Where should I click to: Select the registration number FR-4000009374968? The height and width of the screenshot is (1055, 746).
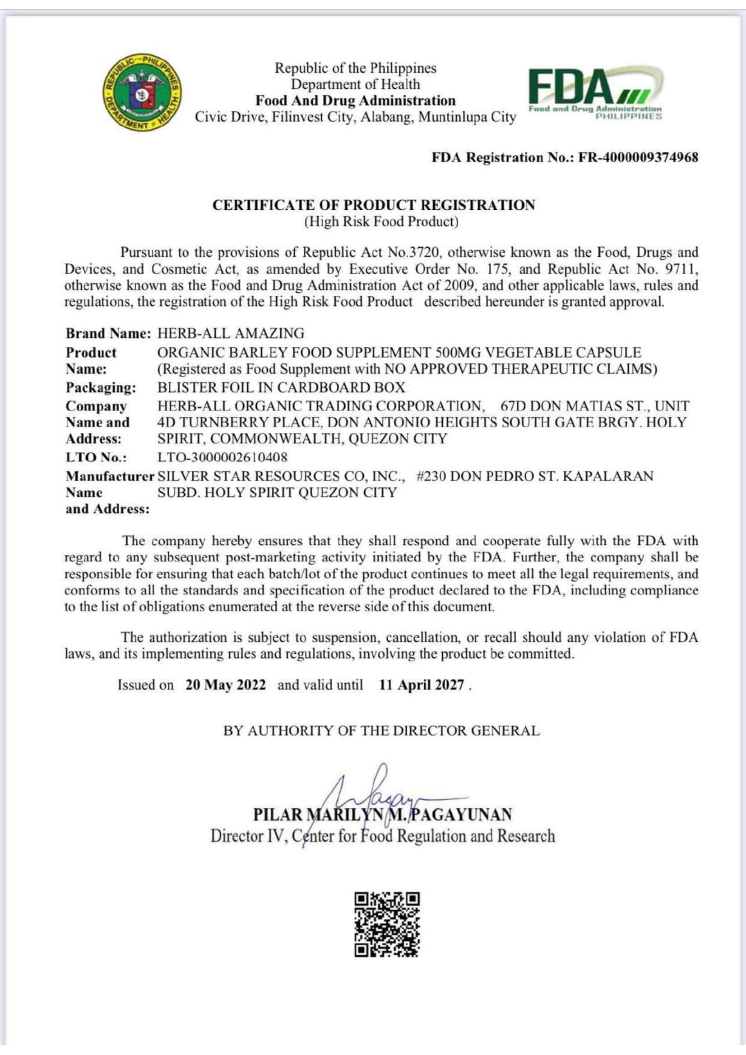[x=638, y=157]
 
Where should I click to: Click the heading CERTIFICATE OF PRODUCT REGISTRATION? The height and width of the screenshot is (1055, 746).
[x=373, y=205]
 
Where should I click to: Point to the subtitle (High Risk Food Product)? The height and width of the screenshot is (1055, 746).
[x=381, y=221]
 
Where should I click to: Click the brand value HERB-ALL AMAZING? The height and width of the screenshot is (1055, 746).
[x=231, y=333]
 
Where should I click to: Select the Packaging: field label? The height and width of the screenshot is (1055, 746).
[x=101, y=387]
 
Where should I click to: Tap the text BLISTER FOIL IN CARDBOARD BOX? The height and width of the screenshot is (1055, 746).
[x=281, y=387]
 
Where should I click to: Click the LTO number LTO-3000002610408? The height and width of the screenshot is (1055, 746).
[x=222, y=457]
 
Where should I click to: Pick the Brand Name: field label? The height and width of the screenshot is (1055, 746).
[x=108, y=333]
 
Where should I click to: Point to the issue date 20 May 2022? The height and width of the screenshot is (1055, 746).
[x=226, y=685]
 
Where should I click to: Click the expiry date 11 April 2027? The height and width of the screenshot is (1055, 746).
[x=421, y=685]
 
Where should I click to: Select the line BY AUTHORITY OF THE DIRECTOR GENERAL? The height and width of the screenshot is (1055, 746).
[x=381, y=731]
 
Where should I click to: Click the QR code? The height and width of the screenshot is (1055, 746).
[x=387, y=925]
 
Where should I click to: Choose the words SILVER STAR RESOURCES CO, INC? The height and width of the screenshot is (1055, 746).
[x=281, y=476]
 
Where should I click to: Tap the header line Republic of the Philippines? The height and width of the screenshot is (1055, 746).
[x=355, y=69]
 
